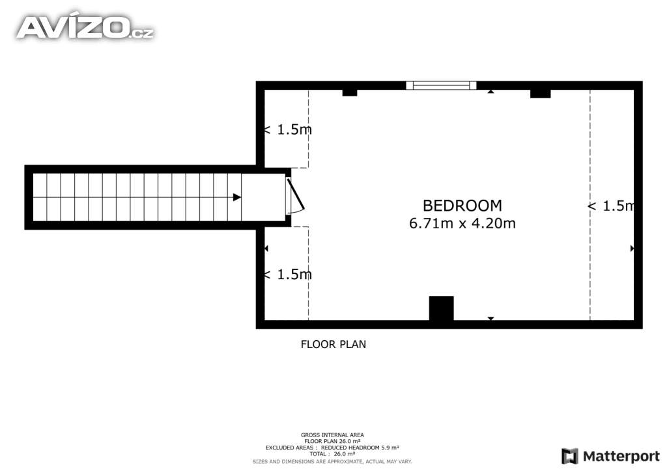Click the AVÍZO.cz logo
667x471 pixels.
click(85, 27)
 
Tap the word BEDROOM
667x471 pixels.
click(462, 206)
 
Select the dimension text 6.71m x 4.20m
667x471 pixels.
click(462, 223)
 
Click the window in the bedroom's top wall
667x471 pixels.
click(441, 85)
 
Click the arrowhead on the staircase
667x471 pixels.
click(237, 197)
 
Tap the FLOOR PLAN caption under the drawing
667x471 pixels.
click(333, 344)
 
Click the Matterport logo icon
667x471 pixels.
click(569, 456)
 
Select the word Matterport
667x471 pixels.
click(621, 457)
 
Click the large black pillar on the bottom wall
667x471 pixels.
click(441, 308)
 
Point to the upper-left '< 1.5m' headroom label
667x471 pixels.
click(287, 129)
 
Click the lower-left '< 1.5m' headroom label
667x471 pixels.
click(287, 275)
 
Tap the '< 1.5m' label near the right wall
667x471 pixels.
click(611, 206)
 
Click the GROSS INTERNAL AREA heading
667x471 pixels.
click(332, 435)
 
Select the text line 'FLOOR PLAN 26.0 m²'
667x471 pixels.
click(332, 441)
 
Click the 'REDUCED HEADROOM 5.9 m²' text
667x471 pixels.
click(360, 448)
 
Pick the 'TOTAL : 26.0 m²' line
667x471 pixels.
click(332, 454)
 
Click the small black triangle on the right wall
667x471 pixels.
click(632, 248)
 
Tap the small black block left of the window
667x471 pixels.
click(350, 93)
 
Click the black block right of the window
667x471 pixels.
click(540, 94)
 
